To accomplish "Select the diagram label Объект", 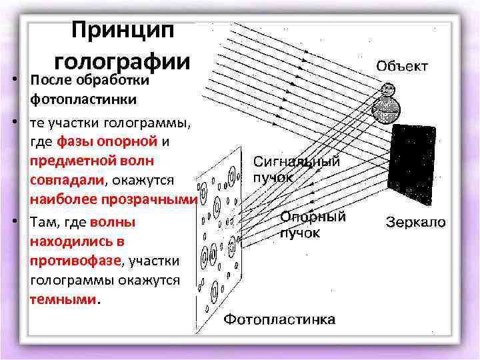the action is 403,66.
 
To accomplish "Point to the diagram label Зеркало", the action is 417,222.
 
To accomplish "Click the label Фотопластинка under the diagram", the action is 279,320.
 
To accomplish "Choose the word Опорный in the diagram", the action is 313,217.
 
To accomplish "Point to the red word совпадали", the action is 67,180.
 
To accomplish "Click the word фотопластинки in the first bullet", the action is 83,100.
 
